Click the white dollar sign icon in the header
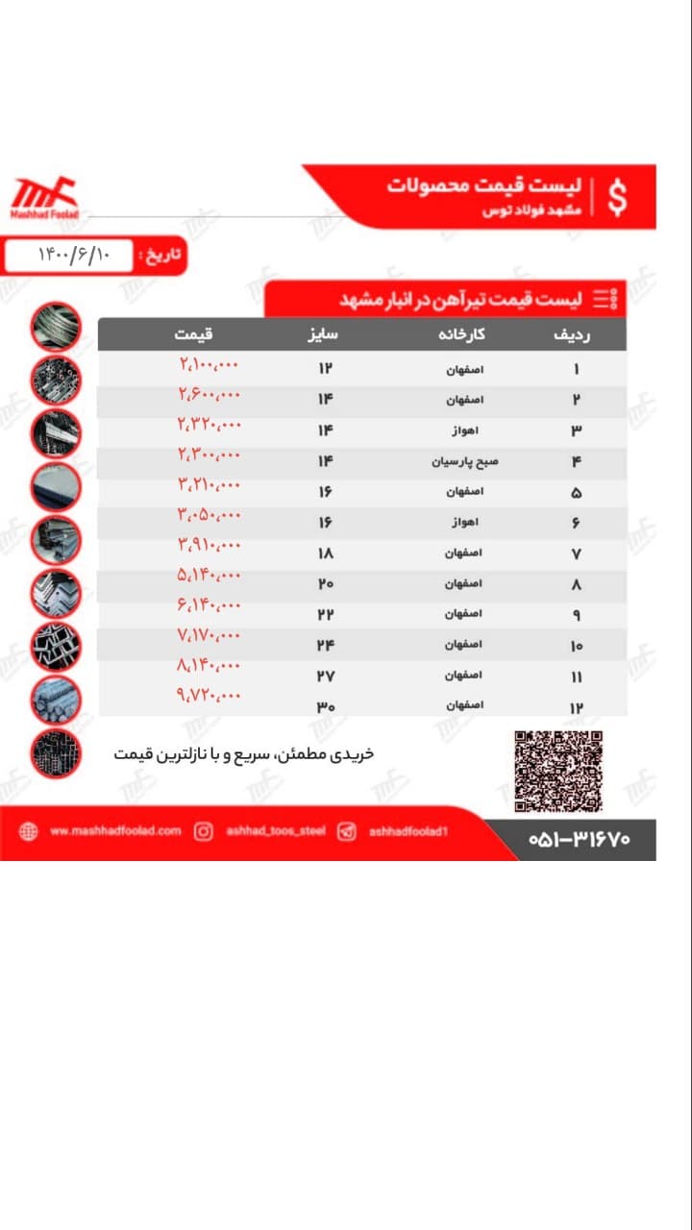pyautogui.click(x=618, y=197)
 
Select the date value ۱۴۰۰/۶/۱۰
pyautogui.click(x=75, y=256)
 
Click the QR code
pyautogui.click(x=558, y=771)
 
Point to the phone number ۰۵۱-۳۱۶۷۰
pyautogui.click(x=579, y=839)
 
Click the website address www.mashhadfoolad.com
pyautogui.click(x=114, y=831)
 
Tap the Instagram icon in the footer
pyautogui.click(x=204, y=832)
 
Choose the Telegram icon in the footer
pyautogui.click(x=346, y=832)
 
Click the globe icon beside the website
pyautogui.click(x=28, y=832)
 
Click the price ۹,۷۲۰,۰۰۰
pyautogui.click(x=209, y=695)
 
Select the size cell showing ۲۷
pyautogui.click(x=326, y=676)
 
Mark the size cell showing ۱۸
pyautogui.click(x=326, y=554)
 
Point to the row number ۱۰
pyautogui.click(x=577, y=647)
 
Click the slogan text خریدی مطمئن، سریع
pyautogui.click(x=243, y=754)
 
